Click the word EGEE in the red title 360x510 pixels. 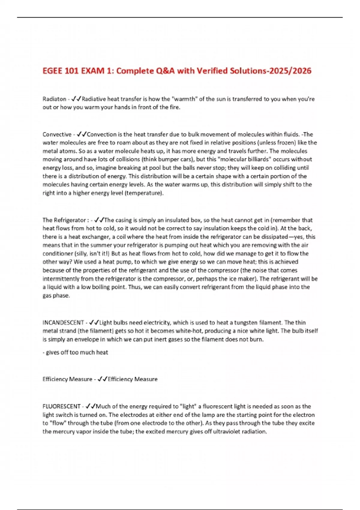point(52,71)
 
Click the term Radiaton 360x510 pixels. point(54,99)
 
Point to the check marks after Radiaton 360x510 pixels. point(76,99)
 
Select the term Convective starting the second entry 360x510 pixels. point(57,134)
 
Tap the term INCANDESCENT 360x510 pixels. point(63,323)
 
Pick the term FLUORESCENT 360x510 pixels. point(61,406)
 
